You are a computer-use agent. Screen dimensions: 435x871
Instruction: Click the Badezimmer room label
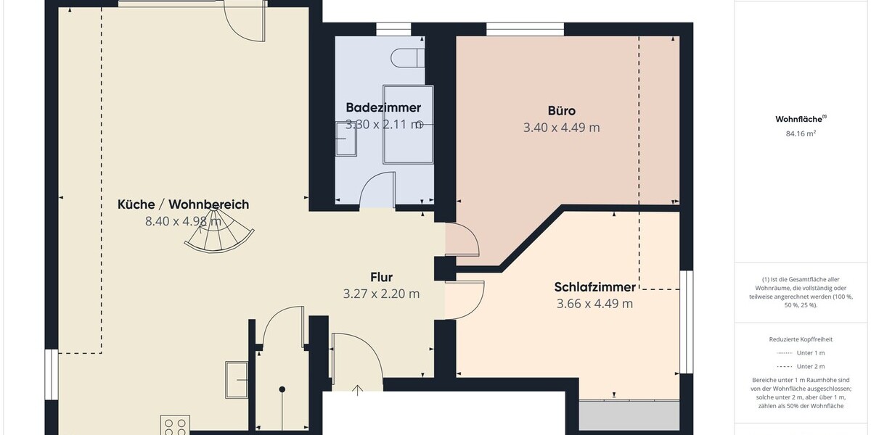point(383,107)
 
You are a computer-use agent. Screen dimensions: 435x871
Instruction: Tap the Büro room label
point(561,111)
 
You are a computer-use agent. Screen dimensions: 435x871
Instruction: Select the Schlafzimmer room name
point(594,287)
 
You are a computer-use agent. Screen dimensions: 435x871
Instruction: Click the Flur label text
point(381,277)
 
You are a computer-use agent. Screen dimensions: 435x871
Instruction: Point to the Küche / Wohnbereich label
point(183,204)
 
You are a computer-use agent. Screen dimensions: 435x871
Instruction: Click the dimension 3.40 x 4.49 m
point(561,128)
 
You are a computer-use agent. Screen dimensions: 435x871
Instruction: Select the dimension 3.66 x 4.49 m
point(594,304)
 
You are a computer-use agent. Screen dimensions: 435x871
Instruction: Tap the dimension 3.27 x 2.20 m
point(381,294)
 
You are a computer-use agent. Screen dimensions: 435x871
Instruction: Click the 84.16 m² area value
point(801,133)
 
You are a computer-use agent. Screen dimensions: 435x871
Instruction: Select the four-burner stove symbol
point(175,426)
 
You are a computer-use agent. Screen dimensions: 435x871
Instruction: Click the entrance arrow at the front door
point(357,391)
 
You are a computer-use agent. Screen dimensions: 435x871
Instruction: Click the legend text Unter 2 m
point(810,366)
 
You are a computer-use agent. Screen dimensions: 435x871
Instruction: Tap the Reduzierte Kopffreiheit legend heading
point(801,339)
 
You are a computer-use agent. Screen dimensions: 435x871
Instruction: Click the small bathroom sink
point(346,143)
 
